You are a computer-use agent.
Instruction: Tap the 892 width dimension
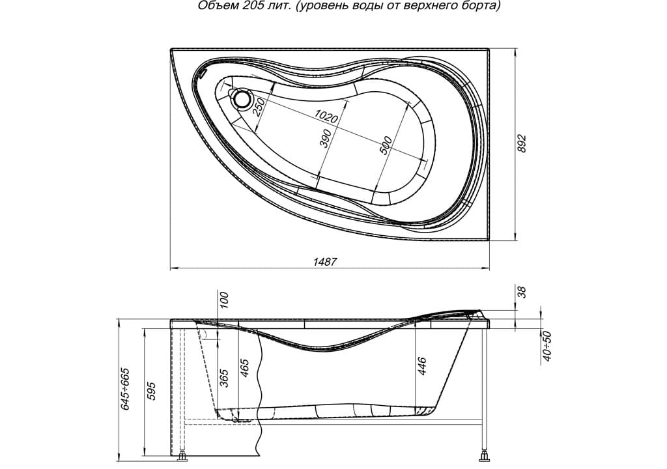coord(521,144)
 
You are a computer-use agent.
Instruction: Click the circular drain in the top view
coord(243,98)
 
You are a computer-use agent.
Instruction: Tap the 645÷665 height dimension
coord(126,390)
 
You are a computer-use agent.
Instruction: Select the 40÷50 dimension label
coord(547,347)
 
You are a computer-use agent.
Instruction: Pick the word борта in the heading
coord(484,7)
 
